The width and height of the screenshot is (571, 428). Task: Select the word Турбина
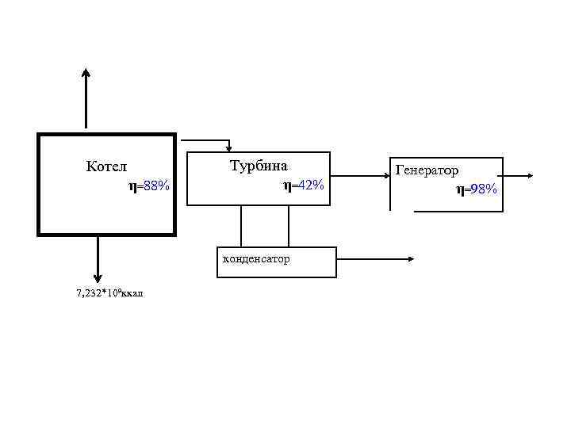pos(259,166)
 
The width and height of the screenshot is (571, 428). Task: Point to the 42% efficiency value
pos(309,185)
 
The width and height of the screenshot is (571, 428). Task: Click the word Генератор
pos(427,170)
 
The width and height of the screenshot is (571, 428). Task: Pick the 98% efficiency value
pos(482,189)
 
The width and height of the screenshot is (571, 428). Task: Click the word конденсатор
pos(256,259)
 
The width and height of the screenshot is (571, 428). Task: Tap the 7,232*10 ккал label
pos(109,293)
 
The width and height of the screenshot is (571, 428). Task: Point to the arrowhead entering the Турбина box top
pos(228,147)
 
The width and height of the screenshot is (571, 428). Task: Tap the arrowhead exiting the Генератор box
pos(528,174)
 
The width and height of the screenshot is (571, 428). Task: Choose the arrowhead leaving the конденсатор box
pos(410,258)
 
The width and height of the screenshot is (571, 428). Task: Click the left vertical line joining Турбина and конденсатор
pos(241,226)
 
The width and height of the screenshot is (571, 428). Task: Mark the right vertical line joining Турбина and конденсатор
pos(289,226)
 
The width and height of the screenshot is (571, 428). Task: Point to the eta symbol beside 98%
pos(460,189)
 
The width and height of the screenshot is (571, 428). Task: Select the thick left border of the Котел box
pos(39,184)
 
